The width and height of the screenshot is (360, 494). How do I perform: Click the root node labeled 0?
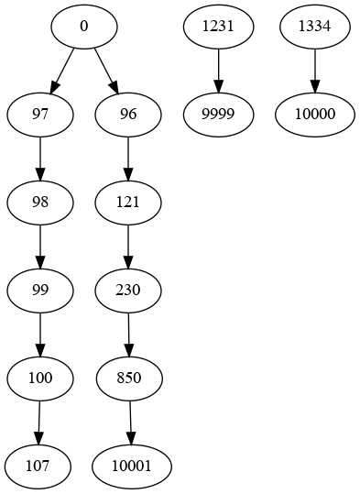(x=83, y=27)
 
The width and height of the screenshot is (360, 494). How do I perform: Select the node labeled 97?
(x=39, y=115)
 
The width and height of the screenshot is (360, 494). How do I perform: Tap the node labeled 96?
(x=128, y=115)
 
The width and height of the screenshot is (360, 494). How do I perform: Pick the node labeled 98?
(x=39, y=203)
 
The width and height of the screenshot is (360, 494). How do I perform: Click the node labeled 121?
(x=128, y=203)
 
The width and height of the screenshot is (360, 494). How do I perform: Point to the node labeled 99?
(x=39, y=291)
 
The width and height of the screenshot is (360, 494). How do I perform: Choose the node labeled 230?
(x=128, y=291)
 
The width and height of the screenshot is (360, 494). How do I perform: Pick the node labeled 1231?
(x=218, y=27)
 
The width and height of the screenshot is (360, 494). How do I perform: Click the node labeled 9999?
(x=218, y=115)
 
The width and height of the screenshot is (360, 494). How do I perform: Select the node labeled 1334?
(x=315, y=27)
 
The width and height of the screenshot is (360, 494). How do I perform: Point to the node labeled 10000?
(x=315, y=115)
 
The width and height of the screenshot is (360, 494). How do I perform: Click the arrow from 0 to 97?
(x=61, y=71)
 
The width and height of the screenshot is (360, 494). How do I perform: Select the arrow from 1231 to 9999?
(x=218, y=71)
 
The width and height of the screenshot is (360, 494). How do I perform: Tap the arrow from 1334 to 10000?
(x=315, y=71)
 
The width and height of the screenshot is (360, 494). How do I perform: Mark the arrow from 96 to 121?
(x=128, y=159)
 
